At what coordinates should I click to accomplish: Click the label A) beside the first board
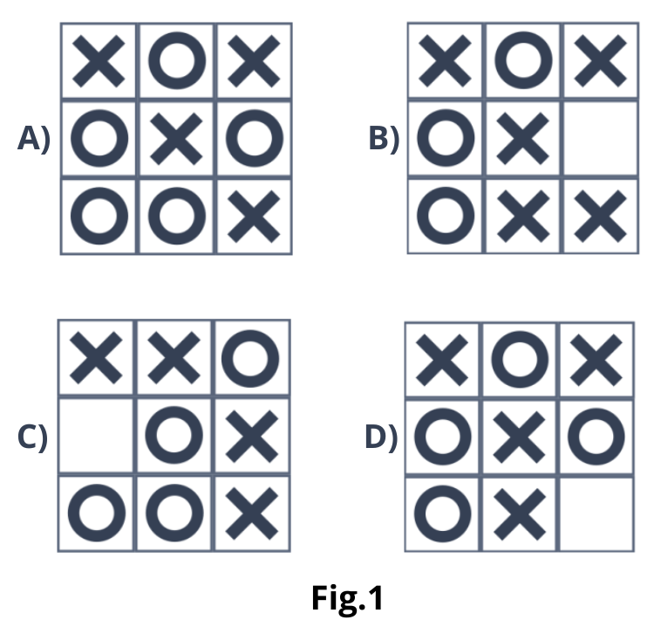point(34,139)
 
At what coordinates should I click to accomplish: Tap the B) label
point(384,139)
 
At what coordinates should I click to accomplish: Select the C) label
point(33,437)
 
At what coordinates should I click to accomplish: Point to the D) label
point(380,437)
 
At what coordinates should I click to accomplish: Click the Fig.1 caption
point(347,598)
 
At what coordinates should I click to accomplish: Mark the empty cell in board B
point(601,139)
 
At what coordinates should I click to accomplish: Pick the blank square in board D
point(596,513)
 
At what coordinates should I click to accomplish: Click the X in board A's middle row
point(176,139)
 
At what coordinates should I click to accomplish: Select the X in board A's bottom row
point(254,216)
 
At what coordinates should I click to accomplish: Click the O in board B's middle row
point(446,139)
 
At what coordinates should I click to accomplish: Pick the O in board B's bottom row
point(446,216)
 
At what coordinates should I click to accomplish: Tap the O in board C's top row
point(251,358)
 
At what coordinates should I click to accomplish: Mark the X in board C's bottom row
point(251,513)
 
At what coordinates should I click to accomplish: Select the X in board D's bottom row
point(520,513)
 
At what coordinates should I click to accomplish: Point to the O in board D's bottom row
point(443,513)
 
